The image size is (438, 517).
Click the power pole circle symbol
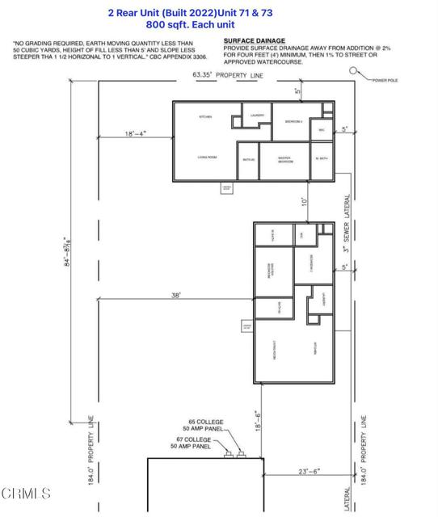353,72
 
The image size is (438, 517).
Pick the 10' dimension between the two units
305,200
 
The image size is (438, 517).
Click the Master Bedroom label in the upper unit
285,160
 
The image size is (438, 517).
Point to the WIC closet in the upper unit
321,129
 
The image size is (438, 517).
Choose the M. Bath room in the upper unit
322,159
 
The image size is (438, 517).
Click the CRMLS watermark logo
26,493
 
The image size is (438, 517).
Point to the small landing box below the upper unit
227,188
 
